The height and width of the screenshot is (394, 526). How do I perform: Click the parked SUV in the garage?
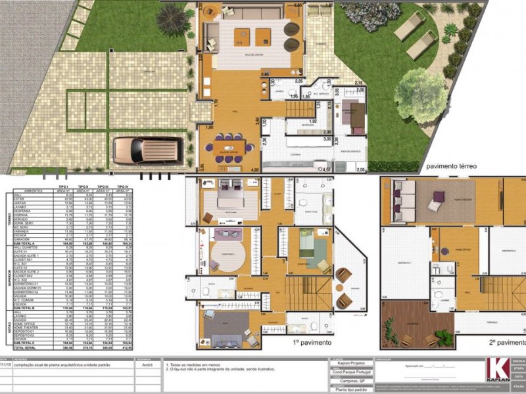tap(145, 150)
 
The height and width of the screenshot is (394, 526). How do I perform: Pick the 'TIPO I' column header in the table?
tap(64, 187)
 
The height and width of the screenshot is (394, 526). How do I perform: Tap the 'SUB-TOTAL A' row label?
tap(25, 242)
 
